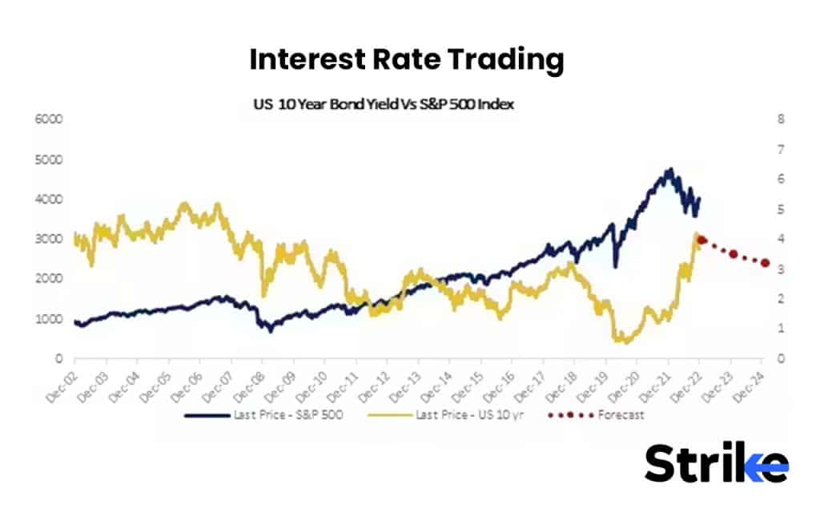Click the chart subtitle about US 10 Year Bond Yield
coord(383,104)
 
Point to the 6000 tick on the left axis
coord(50,119)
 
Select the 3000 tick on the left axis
coord(50,239)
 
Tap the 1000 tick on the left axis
coord(50,319)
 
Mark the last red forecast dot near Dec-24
coord(765,263)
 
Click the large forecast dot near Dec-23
coord(733,254)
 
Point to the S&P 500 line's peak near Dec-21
coord(669,170)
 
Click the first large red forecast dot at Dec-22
coord(701,240)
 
